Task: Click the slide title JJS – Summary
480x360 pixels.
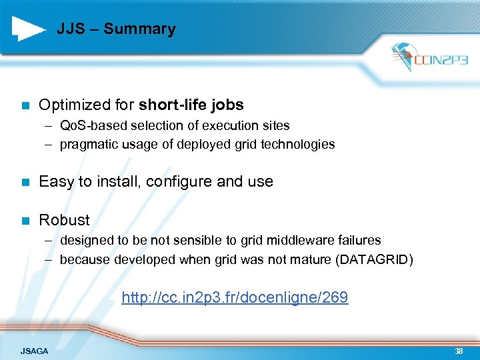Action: click(116, 29)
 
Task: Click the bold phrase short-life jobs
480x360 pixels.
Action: click(191, 105)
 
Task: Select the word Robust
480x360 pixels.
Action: click(64, 220)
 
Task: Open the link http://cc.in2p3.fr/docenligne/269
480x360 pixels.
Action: click(235, 297)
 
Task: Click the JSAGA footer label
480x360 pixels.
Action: click(35, 351)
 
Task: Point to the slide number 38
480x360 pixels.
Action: click(458, 351)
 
